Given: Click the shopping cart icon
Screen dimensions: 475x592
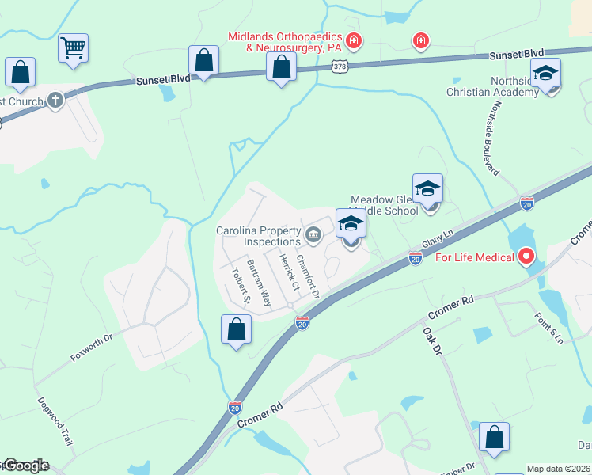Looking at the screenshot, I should (x=73, y=48).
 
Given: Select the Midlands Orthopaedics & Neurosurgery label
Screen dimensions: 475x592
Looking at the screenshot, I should (x=284, y=42).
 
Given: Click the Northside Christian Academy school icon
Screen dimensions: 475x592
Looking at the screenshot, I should (x=545, y=74).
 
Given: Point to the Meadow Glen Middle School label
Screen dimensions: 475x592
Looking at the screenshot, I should (x=384, y=206).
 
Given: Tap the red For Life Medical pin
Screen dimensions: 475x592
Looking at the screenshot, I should (x=526, y=256).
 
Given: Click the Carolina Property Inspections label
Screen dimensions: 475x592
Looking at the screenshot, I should (x=259, y=236).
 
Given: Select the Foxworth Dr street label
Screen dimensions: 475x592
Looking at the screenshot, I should (x=93, y=347).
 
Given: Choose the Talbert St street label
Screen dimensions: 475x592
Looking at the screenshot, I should (x=240, y=288).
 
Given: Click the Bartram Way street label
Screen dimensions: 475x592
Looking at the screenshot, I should (x=259, y=282).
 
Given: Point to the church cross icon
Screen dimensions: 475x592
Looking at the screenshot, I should (x=55, y=100).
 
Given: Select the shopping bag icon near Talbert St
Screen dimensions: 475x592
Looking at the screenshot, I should (x=236, y=330).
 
